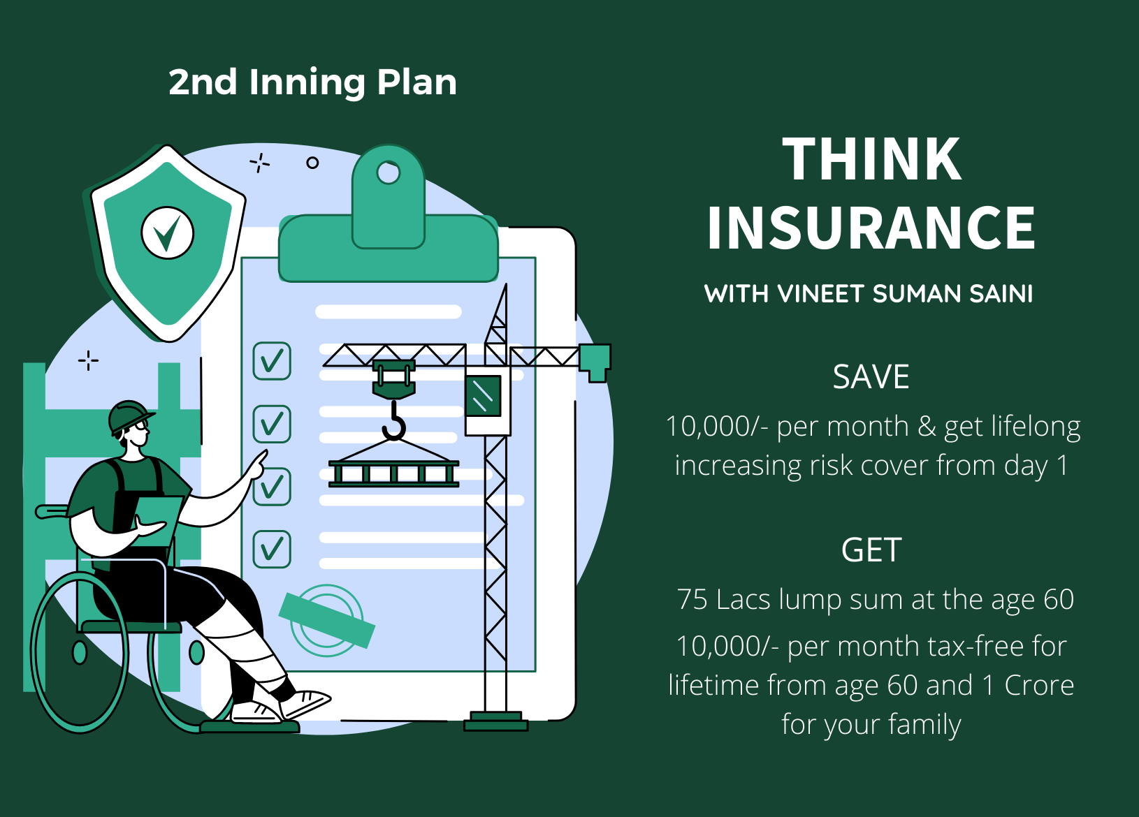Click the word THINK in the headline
[x=871, y=159]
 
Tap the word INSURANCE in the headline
[x=871, y=228]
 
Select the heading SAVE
[x=871, y=376]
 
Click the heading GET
[x=871, y=550]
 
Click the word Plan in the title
[x=416, y=83]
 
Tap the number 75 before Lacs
[x=692, y=599]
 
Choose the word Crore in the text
[x=1039, y=685]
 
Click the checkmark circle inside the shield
[x=167, y=233]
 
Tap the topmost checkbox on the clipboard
[x=272, y=361]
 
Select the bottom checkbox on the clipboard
[x=272, y=549]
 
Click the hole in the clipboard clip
[x=389, y=172]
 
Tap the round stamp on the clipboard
[x=327, y=620]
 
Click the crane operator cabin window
[x=483, y=396]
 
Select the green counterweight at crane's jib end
[x=595, y=362]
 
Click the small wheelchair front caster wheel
[x=196, y=652]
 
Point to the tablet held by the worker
[x=156, y=522]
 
